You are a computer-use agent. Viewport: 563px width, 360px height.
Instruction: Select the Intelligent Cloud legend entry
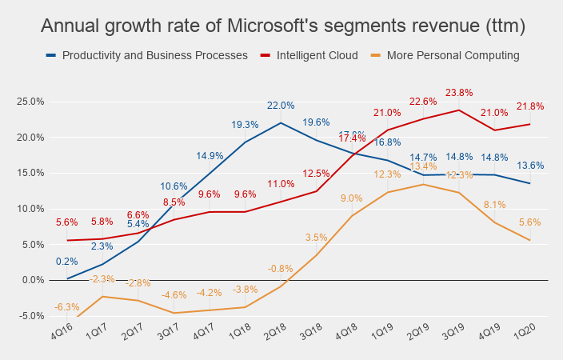click(312, 56)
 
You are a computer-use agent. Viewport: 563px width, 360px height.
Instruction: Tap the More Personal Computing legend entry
click(453, 56)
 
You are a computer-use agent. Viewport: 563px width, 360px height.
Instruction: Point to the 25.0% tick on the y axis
click(30, 102)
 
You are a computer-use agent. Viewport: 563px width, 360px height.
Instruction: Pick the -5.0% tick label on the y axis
click(31, 316)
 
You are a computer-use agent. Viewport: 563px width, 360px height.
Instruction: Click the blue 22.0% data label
click(281, 106)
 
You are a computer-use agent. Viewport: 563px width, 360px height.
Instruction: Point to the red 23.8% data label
click(458, 92)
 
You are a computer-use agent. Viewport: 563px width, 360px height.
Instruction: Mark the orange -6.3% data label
click(67, 307)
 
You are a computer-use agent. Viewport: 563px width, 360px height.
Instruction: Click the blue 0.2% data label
click(67, 262)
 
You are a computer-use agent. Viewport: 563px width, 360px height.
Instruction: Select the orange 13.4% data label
click(423, 166)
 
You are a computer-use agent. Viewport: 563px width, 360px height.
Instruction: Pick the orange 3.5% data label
click(317, 238)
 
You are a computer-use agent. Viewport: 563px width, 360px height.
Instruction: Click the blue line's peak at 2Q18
click(281, 122)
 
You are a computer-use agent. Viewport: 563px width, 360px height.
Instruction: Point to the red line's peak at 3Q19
click(458, 110)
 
